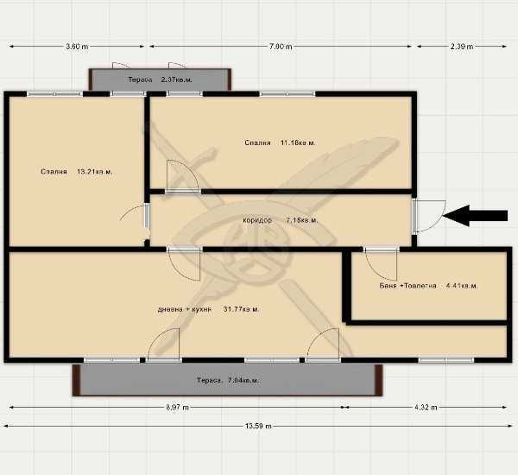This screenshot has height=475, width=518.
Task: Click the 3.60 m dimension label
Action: (77, 47)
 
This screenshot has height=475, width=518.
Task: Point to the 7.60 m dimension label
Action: (281, 47)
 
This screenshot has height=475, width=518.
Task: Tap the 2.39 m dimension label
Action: (462, 47)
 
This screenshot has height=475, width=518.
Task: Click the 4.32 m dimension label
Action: (425, 407)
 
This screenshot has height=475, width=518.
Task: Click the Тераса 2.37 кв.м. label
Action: (160, 80)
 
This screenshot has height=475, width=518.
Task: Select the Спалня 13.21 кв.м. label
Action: (76, 172)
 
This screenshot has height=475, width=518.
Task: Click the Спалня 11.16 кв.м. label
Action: (280, 142)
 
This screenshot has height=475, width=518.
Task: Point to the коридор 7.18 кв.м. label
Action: (280, 220)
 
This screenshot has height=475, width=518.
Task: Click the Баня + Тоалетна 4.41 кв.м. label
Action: (428, 285)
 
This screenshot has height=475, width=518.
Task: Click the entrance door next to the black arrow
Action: (426, 216)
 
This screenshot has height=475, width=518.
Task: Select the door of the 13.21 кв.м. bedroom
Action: (136, 216)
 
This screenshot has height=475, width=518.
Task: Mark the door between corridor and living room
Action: (184, 263)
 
